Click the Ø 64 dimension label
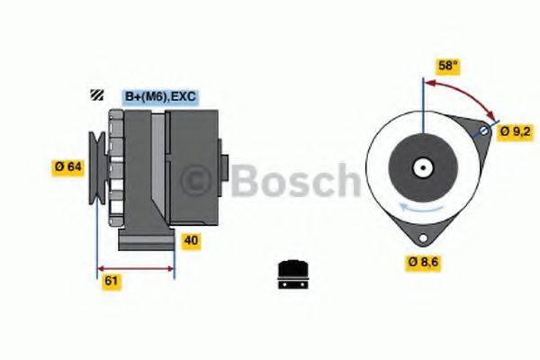click(68, 166)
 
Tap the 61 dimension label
click(111, 282)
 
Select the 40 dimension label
click(191, 240)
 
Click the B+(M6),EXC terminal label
click(159, 95)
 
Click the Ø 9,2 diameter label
click(515, 131)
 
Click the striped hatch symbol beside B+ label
click(95, 94)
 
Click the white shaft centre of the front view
click(421, 166)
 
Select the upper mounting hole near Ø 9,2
click(483, 131)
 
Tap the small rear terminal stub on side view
click(226, 168)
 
